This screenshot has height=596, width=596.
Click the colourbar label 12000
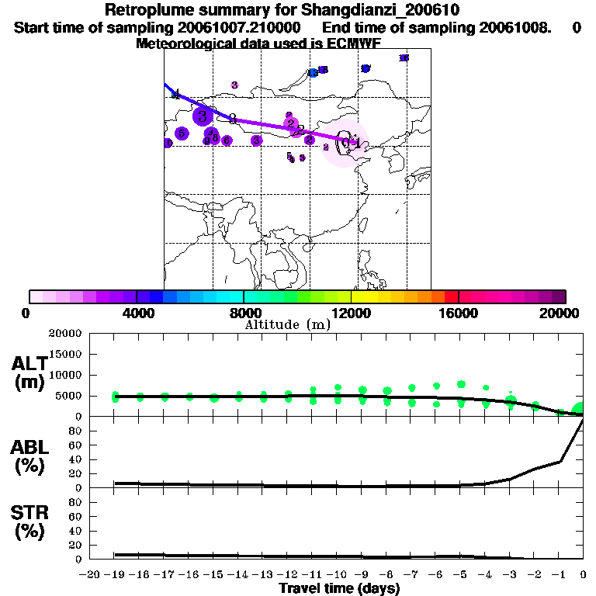pos(352,313)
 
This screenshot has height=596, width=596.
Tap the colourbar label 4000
pos(137,313)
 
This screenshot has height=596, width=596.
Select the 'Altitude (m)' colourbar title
pos(287,324)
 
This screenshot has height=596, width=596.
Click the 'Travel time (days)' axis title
pos(339,588)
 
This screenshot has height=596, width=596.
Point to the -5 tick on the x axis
pos(459,574)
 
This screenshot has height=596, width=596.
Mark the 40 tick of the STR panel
pos(77,531)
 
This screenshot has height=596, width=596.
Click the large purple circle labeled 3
pos(203,116)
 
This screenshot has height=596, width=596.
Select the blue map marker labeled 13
pos(313,73)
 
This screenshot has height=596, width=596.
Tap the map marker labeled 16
pos(404,58)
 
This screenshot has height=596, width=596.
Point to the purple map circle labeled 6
pos(227,140)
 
